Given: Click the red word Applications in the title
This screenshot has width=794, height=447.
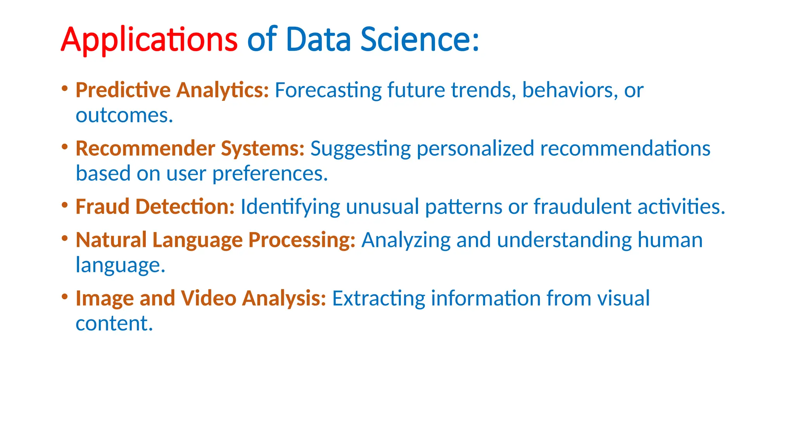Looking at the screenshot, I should pyautogui.click(x=149, y=40).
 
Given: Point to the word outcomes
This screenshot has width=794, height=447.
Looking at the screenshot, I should pyautogui.click(x=124, y=116).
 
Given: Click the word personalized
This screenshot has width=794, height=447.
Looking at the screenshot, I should pyautogui.click(x=475, y=149).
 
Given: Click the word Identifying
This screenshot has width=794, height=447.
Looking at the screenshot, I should pyautogui.click(x=290, y=206).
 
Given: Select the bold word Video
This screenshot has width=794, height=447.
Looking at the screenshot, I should pyautogui.click(x=209, y=298).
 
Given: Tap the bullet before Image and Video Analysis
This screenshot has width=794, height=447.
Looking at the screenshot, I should pyautogui.click(x=65, y=296).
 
